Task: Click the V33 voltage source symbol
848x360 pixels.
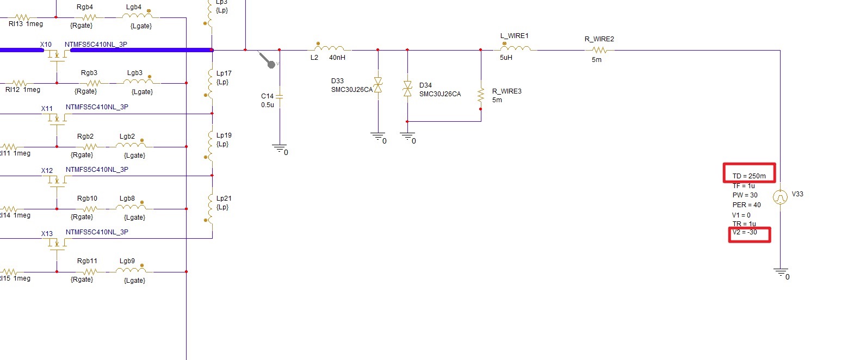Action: click(x=781, y=197)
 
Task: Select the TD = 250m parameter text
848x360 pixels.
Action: click(x=748, y=176)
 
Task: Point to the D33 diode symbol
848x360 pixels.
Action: click(x=378, y=85)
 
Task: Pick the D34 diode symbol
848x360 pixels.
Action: click(x=407, y=89)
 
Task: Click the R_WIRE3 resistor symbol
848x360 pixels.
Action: click(x=481, y=95)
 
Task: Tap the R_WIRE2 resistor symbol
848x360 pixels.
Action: click(x=599, y=50)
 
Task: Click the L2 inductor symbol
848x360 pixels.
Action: click(x=329, y=47)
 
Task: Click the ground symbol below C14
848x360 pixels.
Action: click(x=279, y=147)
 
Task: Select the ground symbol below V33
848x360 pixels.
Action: click(x=781, y=271)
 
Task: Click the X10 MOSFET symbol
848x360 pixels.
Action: click(x=57, y=56)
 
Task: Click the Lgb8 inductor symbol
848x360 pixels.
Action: click(x=133, y=208)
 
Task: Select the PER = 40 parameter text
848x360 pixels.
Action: click(x=746, y=205)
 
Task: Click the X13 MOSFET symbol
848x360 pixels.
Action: click(x=57, y=243)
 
